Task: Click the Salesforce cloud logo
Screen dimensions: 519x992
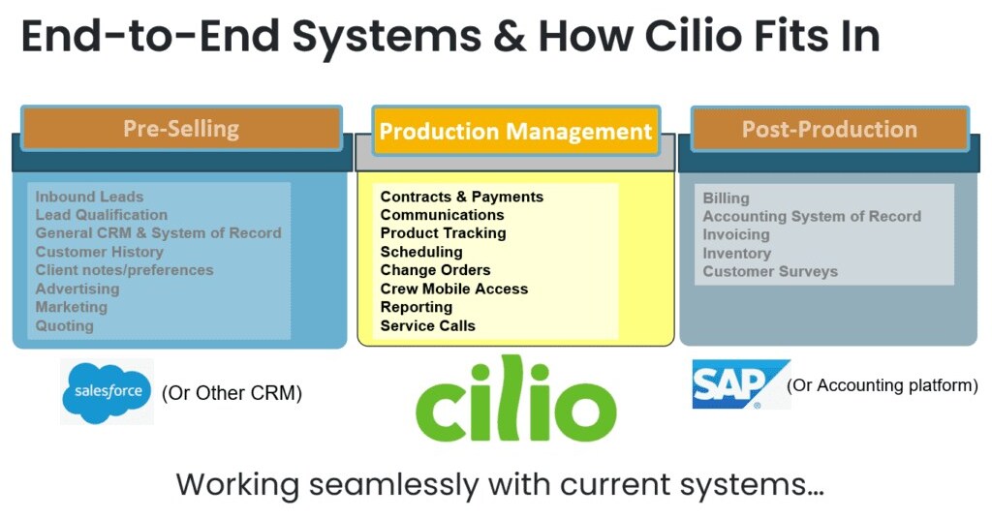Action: click(x=108, y=391)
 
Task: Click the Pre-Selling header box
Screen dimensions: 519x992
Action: click(x=181, y=129)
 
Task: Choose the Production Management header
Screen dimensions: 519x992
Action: click(x=515, y=132)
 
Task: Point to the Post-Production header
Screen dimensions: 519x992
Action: click(x=829, y=130)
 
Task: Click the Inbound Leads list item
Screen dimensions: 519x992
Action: click(x=89, y=197)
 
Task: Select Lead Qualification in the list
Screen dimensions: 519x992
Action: click(x=102, y=215)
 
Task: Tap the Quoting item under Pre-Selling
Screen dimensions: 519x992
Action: click(x=65, y=325)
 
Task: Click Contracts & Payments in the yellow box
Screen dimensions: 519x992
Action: click(x=462, y=197)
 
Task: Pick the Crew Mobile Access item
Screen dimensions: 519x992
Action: click(x=454, y=289)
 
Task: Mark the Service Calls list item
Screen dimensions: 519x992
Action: click(x=428, y=325)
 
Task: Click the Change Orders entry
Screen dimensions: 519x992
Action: click(x=436, y=270)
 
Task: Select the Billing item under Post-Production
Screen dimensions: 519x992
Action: click(x=726, y=198)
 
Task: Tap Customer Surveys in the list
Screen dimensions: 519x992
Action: click(x=770, y=271)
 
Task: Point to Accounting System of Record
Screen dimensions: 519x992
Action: click(x=812, y=216)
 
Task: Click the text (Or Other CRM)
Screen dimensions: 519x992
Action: click(x=232, y=393)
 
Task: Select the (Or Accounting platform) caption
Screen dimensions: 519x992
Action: click(x=883, y=385)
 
